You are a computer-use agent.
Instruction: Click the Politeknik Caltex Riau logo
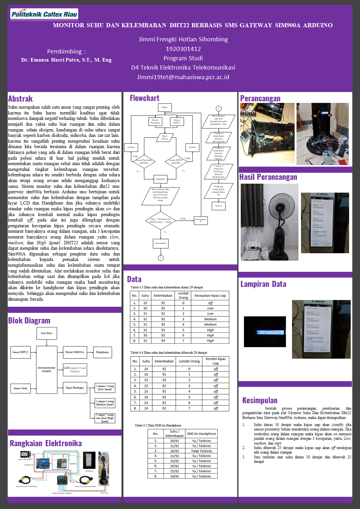(44, 14)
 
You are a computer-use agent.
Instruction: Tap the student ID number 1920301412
(183, 49)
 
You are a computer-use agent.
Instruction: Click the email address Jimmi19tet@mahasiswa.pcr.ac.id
(183, 77)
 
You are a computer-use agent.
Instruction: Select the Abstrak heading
(21, 99)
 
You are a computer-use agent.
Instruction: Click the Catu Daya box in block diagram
(46, 333)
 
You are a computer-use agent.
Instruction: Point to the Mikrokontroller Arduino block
(46, 369)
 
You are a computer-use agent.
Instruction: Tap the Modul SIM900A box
(75, 352)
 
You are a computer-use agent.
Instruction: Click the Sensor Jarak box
(20, 388)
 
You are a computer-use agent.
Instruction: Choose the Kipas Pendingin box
(75, 388)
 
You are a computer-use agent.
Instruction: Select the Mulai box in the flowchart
(165, 107)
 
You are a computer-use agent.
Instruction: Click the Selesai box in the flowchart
(218, 206)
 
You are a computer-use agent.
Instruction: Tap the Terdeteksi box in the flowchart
(160, 179)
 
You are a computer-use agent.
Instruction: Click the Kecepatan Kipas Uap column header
(210, 296)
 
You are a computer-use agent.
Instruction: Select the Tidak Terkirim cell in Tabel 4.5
(201, 451)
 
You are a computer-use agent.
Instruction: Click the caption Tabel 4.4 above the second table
(169, 353)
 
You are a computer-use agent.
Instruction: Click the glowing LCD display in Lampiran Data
(265, 333)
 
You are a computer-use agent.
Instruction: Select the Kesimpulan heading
(260, 400)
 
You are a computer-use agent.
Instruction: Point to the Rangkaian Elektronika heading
(46, 443)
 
